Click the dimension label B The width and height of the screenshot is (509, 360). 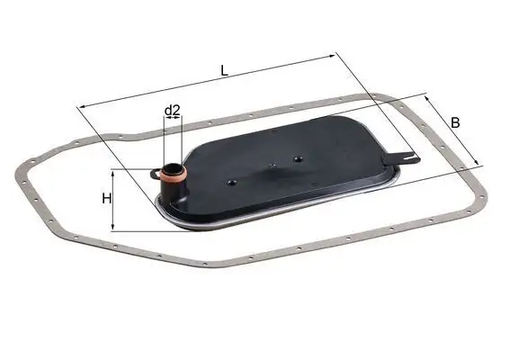point(456,122)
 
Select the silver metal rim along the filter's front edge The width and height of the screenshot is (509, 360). point(234,221)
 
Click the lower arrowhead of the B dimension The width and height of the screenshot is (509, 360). point(479,165)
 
